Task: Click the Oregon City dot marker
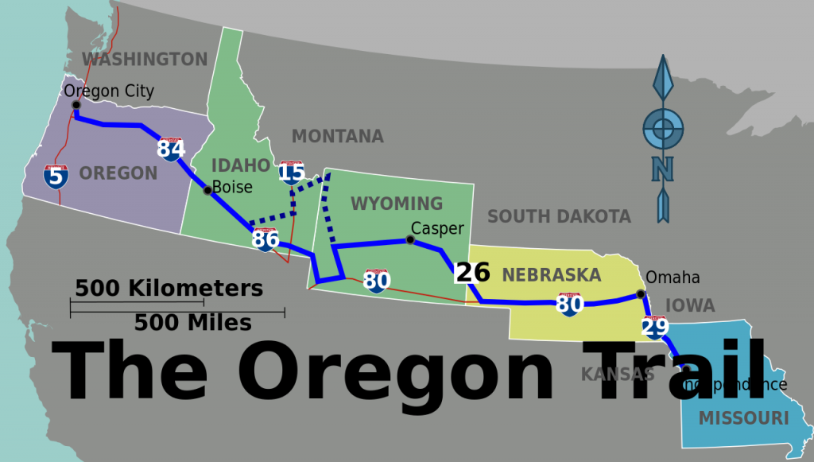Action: [x=76, y=104]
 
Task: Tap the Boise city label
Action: [x=231, y=187]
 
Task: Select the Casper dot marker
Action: [x=410, y=239]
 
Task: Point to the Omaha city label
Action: [x=673, y=277]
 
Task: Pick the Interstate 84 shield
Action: [x=171, y=148]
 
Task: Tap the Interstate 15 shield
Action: [x=292, y=172]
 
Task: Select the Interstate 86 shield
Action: [x=265, y=239]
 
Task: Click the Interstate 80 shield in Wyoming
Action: [x=377, y=280]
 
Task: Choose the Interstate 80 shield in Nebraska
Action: [x=569, y=303]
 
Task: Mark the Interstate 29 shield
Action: [x=654, y=326]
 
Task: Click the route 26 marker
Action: [x=472, y=272]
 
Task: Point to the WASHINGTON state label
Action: [x=145, y=59]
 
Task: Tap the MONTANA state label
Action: [x=337, y=136]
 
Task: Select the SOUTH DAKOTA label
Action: [x=559, y=215]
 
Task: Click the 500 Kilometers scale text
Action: [x=169, y=288]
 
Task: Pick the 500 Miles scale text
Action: [x=192, y=323]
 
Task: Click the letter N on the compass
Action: [x=661, y=169]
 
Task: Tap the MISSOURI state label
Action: [x=743, y=418]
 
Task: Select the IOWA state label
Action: [x=689, y=305]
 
